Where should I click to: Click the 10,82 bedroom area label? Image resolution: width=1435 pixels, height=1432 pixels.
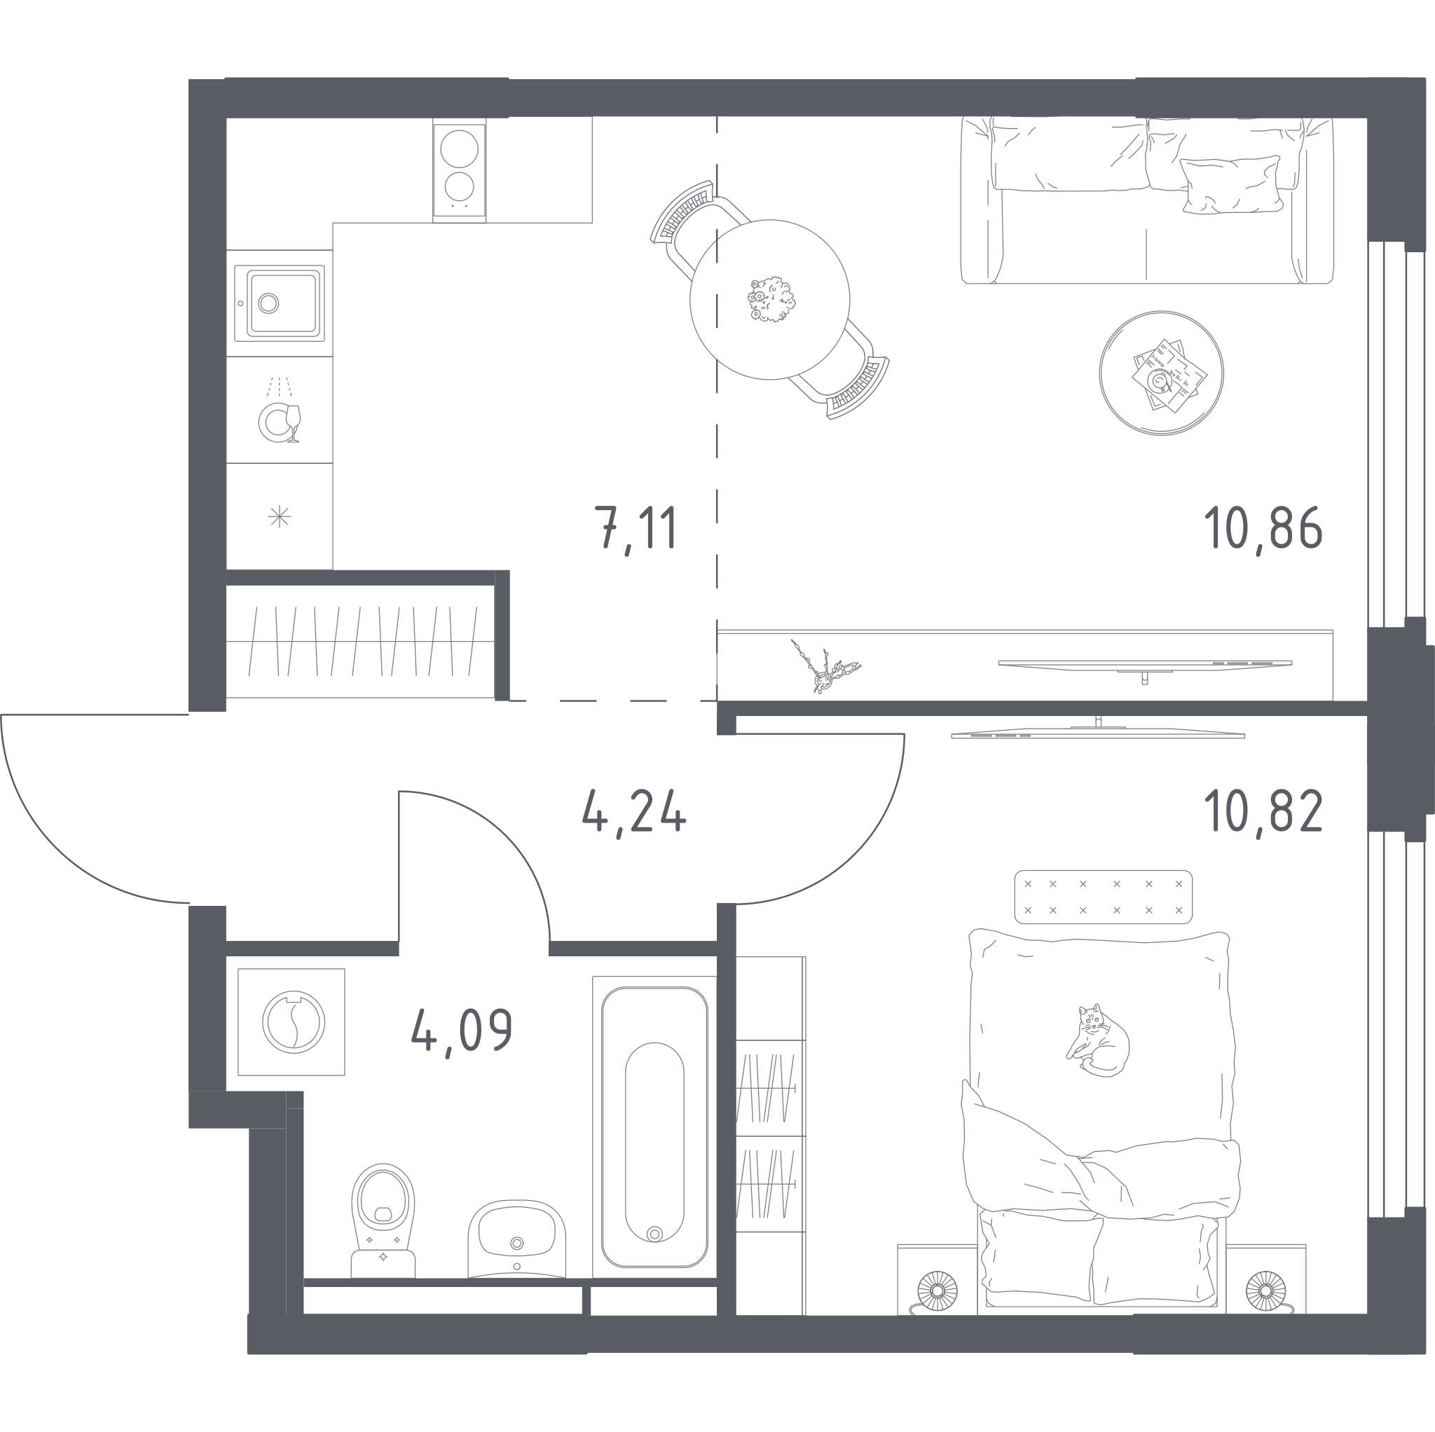(x=1263, y=812)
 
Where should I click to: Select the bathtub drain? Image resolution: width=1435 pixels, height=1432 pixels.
(x=654, y=1234)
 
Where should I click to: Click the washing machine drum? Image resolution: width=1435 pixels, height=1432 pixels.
(x=294, y=1022)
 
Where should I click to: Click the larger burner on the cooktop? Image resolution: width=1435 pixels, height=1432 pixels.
(x=459, y=149)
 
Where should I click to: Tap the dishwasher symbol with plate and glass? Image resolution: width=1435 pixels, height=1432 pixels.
(x=280, y=410)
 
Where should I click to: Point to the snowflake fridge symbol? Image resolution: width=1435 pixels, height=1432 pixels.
(x=280, y=516)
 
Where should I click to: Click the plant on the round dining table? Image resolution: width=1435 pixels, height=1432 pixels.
(x=771, y=299)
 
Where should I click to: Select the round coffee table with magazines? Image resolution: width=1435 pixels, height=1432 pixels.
(x=1161, y=373)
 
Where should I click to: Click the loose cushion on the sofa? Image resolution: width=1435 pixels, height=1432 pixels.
(x=1230, y=185)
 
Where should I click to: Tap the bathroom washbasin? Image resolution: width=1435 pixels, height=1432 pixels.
(x=517, y=1238)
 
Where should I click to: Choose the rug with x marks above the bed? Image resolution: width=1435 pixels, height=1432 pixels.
(x=1103, y=897)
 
